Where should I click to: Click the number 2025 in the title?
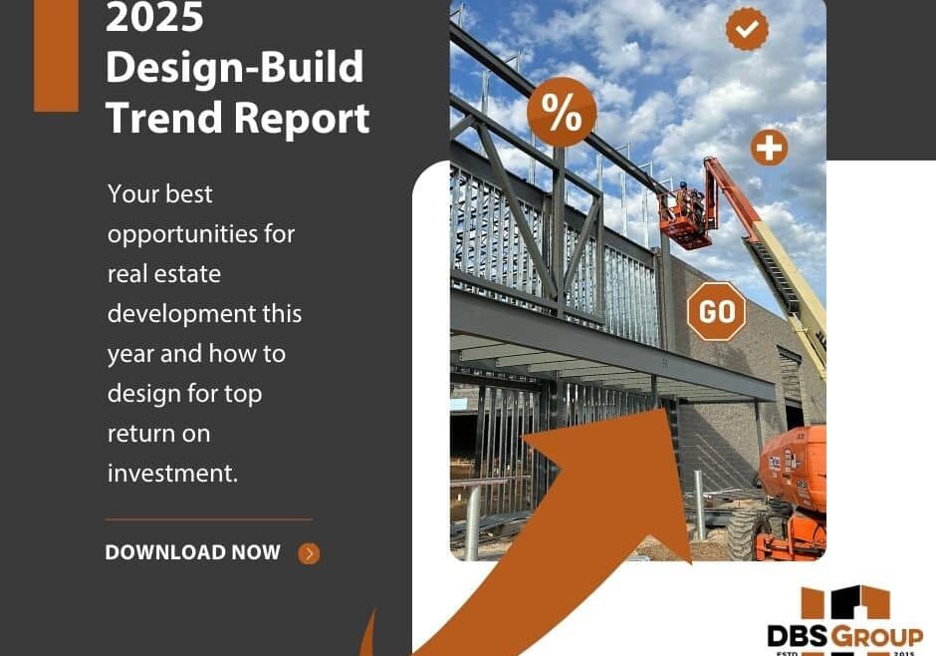click(x=154, y=18)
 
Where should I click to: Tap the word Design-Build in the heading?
click(x=234, y=69)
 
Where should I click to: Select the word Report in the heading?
click(x=303, y=118)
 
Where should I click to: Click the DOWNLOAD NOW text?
click(x=193, y=552)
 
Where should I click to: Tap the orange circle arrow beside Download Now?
click(x=310, y=553)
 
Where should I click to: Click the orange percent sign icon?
click(x=562, y=114)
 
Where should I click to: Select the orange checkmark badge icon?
click(x=747, y=29)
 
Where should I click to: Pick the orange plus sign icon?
click(x=769, y=149)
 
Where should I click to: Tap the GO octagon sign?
click(x=717, y=312)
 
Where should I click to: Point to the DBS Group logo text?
click(x=844, y=635)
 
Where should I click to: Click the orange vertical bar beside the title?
click(x=56, y=55)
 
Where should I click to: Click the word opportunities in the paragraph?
click(x=201, y=234)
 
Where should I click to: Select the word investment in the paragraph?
click(x=173, y=474)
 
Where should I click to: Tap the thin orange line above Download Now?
click(x=208, y=519)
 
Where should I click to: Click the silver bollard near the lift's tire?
click(x=699, y=508)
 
